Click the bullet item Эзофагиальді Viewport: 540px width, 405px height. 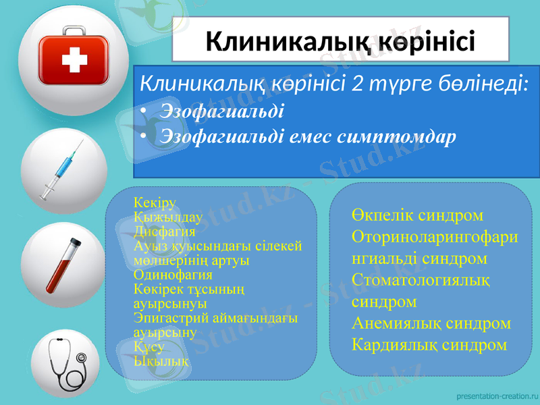coord(222,109)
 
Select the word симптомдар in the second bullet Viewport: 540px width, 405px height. coord(399,136)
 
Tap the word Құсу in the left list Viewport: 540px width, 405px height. coord(148,346)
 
